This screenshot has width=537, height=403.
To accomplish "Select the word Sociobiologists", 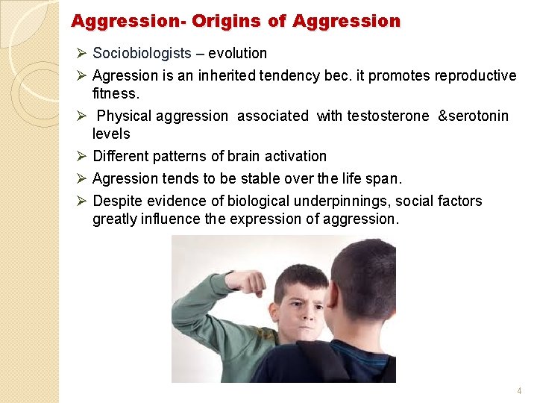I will tap(142, 53).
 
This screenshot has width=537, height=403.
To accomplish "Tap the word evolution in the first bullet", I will tap(237, 53).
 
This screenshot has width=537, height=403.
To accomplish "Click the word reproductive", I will tap(477, 75).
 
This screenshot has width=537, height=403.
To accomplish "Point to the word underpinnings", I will tap(338, 201).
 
